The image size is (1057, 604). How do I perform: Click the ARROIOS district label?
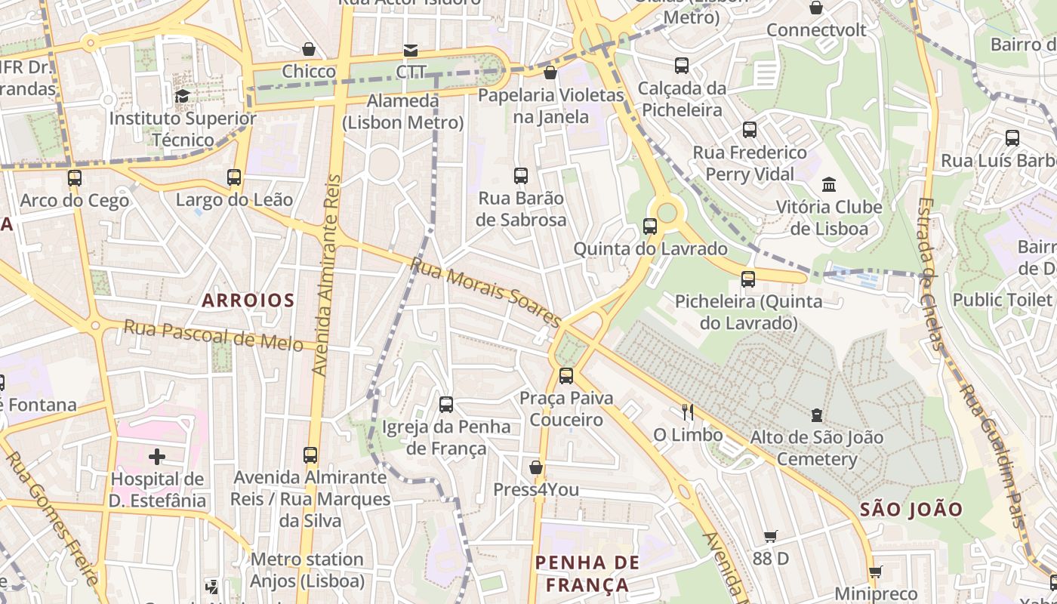tap(248, 300)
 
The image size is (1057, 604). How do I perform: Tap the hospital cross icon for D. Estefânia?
tap(157, 456)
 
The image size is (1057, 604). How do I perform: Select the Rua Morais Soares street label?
tap(483, 290)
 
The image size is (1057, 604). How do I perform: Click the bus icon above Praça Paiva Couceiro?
tap(565, 375)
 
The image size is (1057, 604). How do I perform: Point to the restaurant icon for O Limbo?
tap(688, 411)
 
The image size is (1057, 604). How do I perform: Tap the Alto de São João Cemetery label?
tap(816, 448)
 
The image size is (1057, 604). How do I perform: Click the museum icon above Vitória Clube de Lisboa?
tap(829, 184)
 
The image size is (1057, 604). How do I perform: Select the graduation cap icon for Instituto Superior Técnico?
tap(182, 96)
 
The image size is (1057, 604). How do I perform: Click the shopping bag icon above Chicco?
tap(309, 49)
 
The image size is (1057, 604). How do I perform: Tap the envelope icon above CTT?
tap(410, 50)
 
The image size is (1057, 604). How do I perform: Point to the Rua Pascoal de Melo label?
tap(213, 335)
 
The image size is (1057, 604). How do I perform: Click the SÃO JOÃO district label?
tap(911, 510)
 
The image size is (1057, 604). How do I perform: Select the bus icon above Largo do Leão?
tap(234, 177)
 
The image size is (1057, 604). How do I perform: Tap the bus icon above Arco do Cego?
tap(74, 178)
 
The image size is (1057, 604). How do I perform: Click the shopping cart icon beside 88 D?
tap(770, 536)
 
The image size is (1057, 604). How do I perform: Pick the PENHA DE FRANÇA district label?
tap(587, 573)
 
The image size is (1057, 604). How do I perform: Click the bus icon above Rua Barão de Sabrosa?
tap(521, 176)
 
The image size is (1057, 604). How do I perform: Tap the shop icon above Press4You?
tap(535, 467)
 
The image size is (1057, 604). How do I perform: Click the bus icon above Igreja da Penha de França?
tap(446, 404)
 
